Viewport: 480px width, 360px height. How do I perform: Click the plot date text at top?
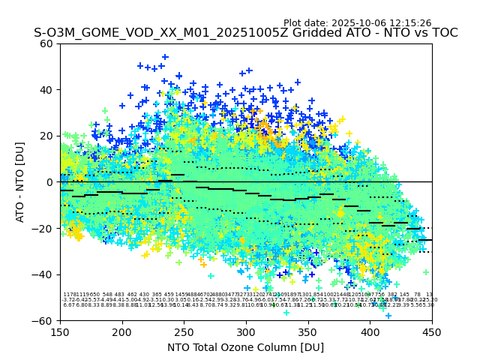tap(357, 23)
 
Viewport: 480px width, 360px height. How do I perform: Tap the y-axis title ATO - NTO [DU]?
tap(21, 181)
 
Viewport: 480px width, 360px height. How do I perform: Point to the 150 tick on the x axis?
tap(61, 331)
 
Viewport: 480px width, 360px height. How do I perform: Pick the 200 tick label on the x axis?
tap(122, 331)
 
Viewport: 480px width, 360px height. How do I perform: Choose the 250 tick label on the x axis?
tap(184, 331)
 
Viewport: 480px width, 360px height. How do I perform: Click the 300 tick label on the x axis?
tap(246, 331)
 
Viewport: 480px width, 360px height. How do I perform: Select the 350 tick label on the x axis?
tap(308, 331)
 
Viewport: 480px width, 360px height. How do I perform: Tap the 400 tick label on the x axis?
tap(370, 331)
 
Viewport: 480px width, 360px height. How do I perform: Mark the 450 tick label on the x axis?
tap(432, 331)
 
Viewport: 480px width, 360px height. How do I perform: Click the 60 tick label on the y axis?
tap(47, 43)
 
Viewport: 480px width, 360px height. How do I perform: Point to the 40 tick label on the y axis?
tap(47, 90)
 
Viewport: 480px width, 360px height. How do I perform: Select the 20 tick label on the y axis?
tap(47, 136)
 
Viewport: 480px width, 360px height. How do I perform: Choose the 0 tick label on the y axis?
tap(50, 182)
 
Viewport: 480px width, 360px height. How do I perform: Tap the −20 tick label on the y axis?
tap(44, 228)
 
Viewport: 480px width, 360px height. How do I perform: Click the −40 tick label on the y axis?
tap(44, 274)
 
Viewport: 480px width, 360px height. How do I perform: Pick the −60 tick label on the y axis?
tap(44, 320)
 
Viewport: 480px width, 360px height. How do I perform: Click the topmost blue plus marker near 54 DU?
tap(165, 57)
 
